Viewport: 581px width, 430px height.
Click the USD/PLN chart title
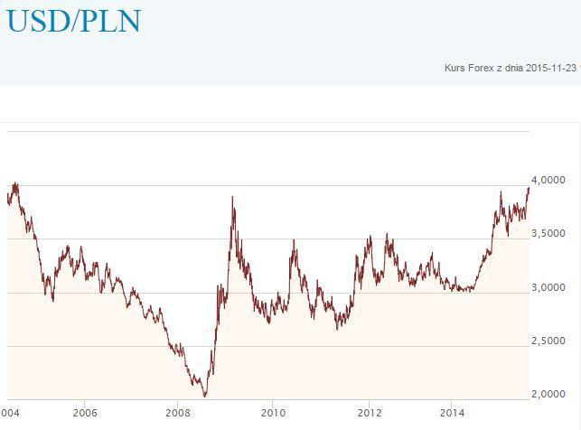74,21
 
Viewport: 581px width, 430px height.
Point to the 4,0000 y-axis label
548,181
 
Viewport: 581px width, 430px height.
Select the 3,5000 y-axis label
548,234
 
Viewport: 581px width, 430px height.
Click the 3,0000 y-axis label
548,287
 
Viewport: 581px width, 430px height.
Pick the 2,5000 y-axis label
548,341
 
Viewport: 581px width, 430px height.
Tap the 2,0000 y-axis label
548,394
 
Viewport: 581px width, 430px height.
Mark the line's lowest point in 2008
205,396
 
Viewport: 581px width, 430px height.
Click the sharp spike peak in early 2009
233,197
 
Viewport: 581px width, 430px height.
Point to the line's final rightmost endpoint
529,187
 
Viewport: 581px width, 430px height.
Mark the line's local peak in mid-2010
294,240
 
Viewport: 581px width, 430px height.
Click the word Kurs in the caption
454,68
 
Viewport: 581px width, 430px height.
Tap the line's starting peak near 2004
14,183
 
